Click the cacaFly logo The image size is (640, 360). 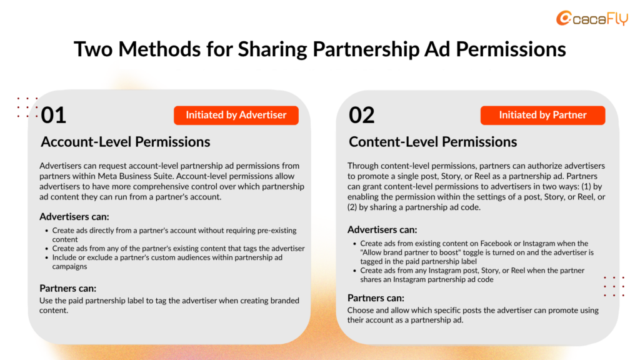tap(592, 18)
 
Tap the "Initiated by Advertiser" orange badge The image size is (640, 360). tap(236, 115)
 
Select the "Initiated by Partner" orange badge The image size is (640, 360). tap(543, 115)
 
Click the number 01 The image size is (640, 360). tap(54, 115)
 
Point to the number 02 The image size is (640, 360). tap(362, 115)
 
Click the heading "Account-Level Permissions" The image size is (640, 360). tap(125, 142)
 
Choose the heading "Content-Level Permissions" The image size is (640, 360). tap(432, 142)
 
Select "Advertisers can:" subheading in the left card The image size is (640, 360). tap(74, 217)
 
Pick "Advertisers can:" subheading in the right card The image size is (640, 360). tap(382, 230)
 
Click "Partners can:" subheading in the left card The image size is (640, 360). tap(67, 289)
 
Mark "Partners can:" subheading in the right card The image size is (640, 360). tap(376, 298)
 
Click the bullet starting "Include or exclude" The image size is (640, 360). tap(167, 262)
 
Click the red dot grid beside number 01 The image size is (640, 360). tap(27, 107)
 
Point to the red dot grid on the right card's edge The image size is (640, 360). tap(614, 286)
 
